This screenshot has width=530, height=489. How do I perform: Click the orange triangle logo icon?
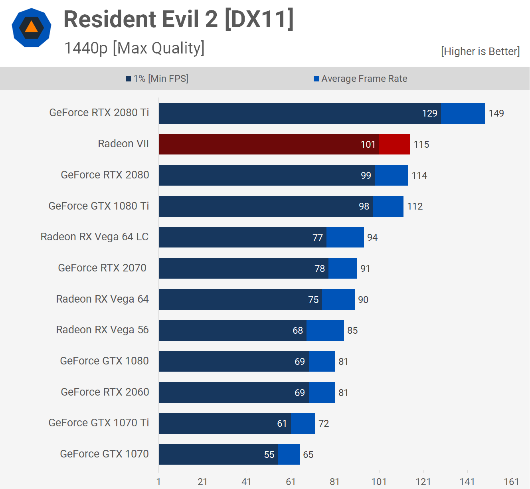[32, 28]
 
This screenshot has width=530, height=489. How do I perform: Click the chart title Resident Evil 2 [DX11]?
[178, 19]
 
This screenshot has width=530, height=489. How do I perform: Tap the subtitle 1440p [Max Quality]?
[134, 48]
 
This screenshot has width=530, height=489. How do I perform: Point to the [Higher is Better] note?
[480, 51]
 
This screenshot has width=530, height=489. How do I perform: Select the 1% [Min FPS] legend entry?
[157, 79]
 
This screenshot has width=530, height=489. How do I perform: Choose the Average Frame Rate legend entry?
[360, 79]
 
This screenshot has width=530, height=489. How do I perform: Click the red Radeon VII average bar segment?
[395, 144]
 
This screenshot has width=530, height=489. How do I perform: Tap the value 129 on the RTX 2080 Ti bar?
[429, 113]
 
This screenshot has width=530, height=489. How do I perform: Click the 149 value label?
[496, 113]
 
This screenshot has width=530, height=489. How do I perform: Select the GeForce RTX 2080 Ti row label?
[99, 113]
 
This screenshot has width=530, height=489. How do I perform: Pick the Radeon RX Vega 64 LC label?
[95, 237]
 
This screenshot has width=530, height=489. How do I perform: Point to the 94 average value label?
[372, 238]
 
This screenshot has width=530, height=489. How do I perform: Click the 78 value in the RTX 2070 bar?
[320, 269]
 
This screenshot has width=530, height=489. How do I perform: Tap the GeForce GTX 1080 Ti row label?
[99, 206]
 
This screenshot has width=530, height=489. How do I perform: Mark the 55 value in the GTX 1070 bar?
[269, 455]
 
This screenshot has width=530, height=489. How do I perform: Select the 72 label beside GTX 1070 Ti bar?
[324, 424]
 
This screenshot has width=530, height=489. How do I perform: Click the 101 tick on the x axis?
[379, 482]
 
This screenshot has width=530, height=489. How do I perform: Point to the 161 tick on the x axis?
[511, 482]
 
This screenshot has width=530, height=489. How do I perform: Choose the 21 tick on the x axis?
[203, 482]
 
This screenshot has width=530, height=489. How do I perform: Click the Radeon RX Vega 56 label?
[102, 330]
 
